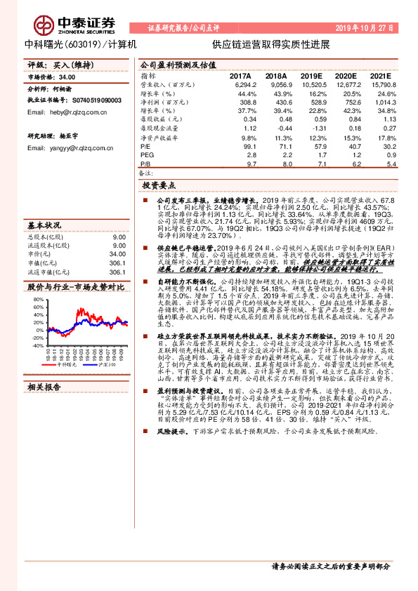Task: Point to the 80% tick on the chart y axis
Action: pos(39,300)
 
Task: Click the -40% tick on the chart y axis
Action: pos(38,345)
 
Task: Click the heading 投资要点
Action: pos(159,186)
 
